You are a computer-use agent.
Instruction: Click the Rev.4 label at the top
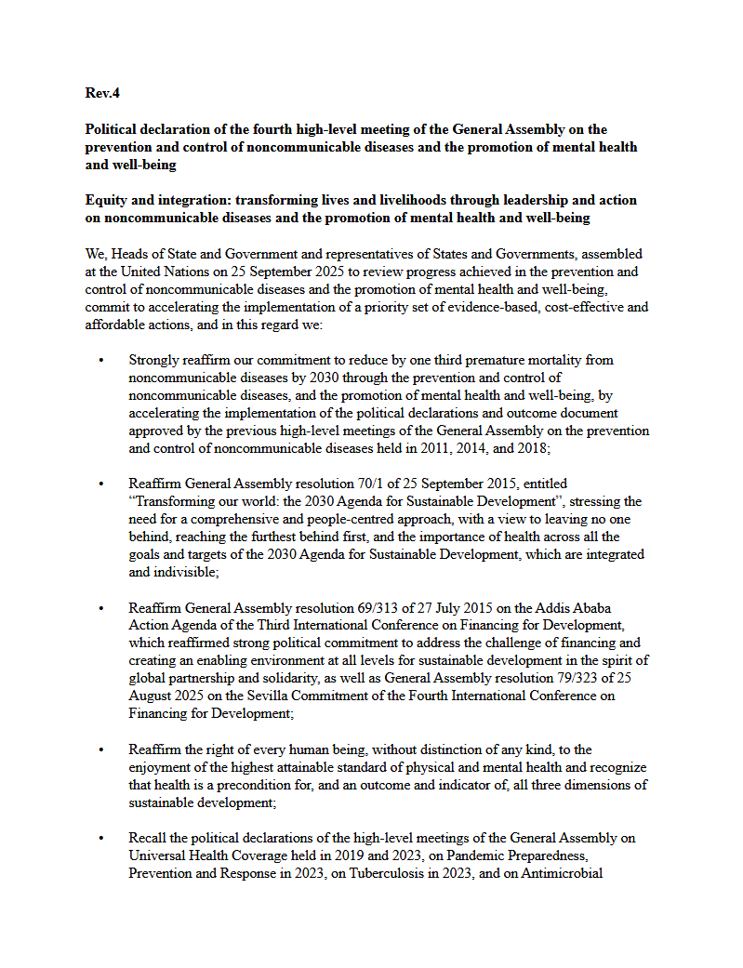(102, 93)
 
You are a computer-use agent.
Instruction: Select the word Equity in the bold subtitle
(107, 201)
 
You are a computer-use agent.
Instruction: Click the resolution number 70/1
(364, 484)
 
